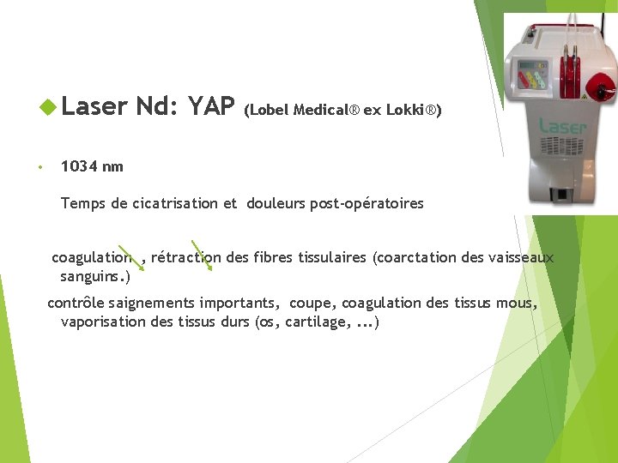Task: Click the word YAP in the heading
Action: [x=211, y=106]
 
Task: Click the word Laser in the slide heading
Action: [x=96, y=106]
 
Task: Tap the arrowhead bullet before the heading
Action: [x=49, y=107]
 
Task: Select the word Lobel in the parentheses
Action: [x=270, y=110]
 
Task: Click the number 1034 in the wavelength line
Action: [x=80, y=166]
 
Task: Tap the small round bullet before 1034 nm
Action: [x=39, y=167]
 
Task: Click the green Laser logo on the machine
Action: [x=561, y=127]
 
